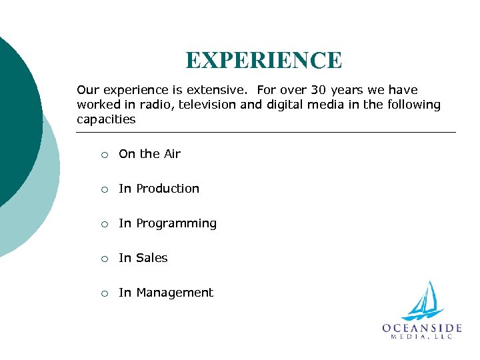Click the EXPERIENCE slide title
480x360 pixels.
263,60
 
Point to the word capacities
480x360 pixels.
106,119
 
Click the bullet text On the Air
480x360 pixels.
149,154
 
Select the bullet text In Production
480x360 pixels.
159,189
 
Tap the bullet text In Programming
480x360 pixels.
167,223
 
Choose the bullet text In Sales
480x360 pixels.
143,258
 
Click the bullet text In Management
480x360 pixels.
166,293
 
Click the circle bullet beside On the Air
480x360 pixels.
105,155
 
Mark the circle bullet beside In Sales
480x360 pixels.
105,259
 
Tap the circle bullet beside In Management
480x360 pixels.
105,293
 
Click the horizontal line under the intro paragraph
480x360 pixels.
266,132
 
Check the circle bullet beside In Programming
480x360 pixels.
105,224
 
